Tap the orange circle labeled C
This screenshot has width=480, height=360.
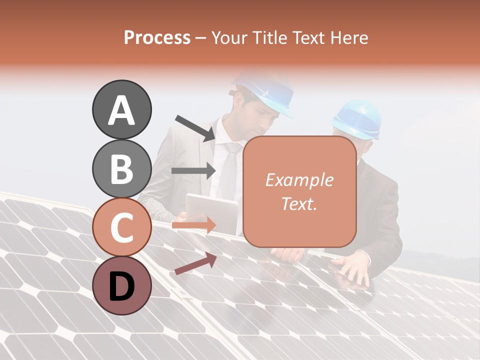(x=122, y=227)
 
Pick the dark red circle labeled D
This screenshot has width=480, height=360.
(x=122, y=285)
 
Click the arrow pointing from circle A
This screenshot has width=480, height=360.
(x=195, y=128)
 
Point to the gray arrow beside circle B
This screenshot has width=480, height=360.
(x=193, y=170)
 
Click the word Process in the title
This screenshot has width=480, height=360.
(x=157, y=37)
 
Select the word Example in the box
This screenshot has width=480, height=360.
(x=299, y=180)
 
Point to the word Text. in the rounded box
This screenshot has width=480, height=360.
(x=299, y=203)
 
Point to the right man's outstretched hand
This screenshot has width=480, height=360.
(x=356, y=267)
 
